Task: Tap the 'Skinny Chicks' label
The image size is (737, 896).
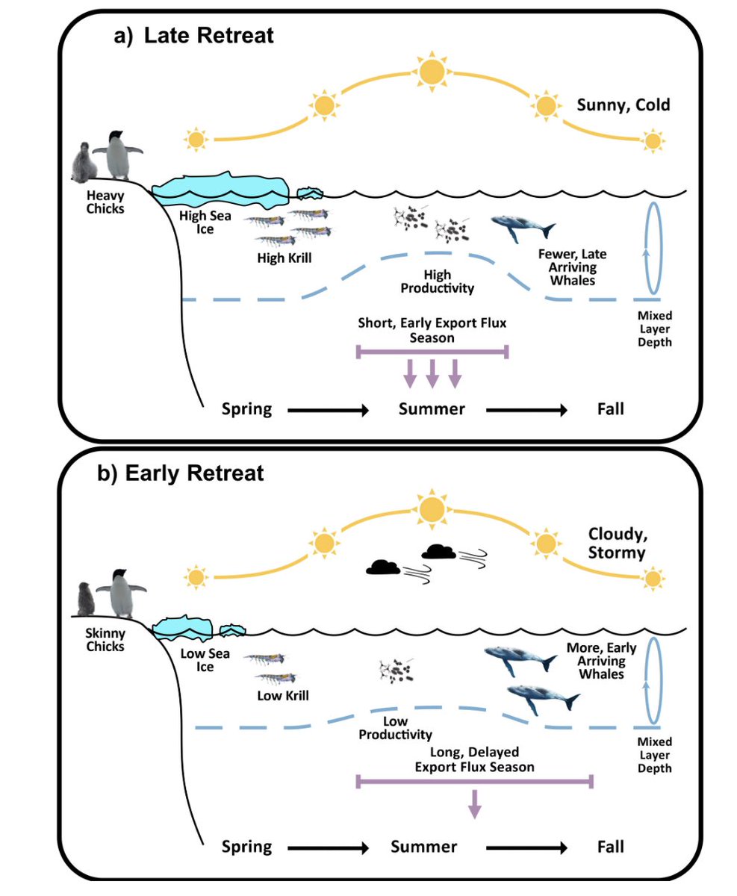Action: [x=106, y=640]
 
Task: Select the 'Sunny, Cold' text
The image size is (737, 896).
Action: [x=624, y=105]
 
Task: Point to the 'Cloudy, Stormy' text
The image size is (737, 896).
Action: [x=618, y=544]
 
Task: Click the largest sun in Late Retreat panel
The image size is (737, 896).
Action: [x=431, y=72]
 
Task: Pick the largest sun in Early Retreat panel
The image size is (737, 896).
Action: [x=431, y=509]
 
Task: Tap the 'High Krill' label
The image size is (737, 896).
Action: [x=282, y=258]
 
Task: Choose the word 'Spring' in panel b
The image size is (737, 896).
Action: [x=246, y=847]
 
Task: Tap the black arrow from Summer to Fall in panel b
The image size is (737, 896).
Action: [x=526, y=847]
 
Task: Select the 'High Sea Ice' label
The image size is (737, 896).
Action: [x=205, y=223]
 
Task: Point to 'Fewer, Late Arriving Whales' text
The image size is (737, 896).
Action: [x=571, y=267]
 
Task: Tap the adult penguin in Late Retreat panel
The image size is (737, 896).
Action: [x=116, y=155]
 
